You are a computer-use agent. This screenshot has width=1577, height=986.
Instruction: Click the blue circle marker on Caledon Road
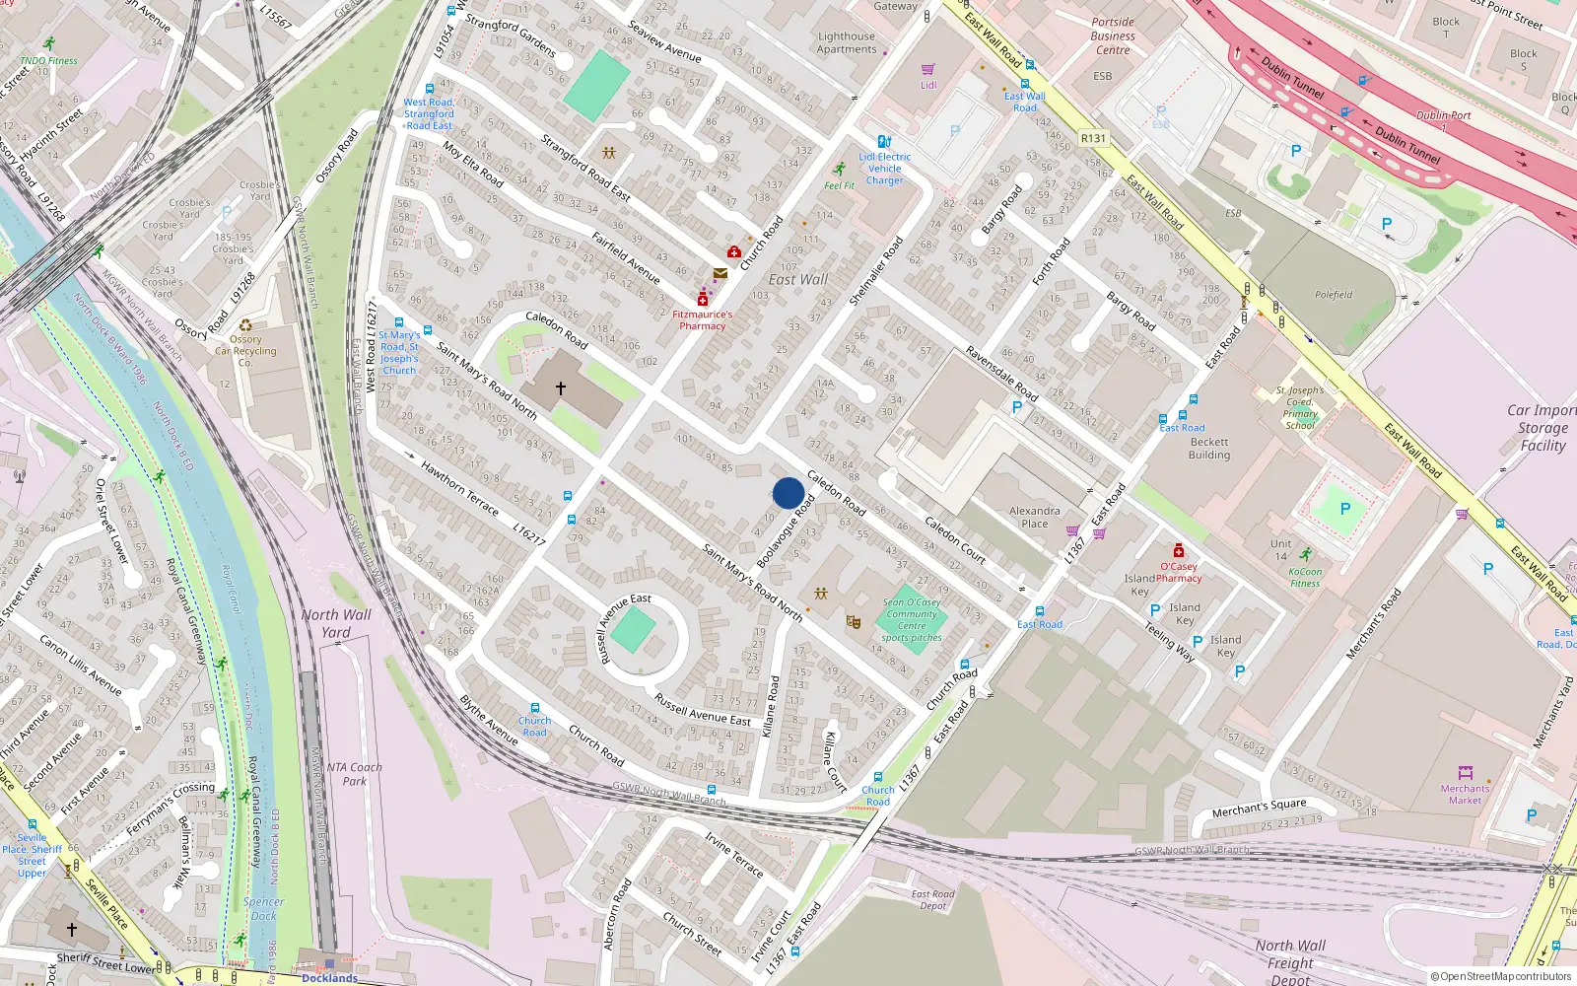pyautogui.click(x=788, y=493)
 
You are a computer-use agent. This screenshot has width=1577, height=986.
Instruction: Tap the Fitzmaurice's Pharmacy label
pyautogui.click(x=702, y=320)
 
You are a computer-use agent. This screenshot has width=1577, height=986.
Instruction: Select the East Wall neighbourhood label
pyautogui.click(x=798, y=280)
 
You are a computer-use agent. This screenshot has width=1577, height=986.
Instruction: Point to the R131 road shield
pyautogui.click(x=1093, y=138)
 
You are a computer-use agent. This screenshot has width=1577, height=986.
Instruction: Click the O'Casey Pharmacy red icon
pyautogui.click(x=1178, y=550)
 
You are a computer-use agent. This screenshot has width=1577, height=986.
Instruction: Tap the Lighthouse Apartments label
pyautogui.click(x=847, y=42)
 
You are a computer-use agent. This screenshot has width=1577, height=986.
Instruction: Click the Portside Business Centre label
pyautogui.click(x=1113, y=35)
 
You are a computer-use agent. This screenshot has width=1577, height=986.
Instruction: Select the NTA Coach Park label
pyautogui.click(x=354, y=774)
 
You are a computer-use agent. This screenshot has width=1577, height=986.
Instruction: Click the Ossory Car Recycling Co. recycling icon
pyautogui.click(x=245, y=325)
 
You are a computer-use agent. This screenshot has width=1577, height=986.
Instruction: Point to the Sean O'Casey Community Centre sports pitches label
pyautogui.click(x=912, y=619)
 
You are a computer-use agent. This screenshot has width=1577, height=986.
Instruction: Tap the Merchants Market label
pyautogui.click(x=1465, y=795)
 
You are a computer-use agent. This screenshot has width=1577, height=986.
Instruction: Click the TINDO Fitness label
pyautogui.click(x=48, y=60)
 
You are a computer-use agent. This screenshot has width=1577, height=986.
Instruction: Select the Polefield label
pyautogui.click(x=1333, y=295)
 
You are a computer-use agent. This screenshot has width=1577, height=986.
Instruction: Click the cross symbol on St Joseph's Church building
pyautogui.click(x=560, y=388)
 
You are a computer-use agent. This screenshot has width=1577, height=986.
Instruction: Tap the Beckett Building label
pyautogui.click(x=1209, y=449)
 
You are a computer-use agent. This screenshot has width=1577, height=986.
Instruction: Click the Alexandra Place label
pyautogui.click(x=1034, y=517)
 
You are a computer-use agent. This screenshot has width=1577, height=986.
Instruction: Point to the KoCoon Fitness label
pyautogui.click(x=1305, y=577)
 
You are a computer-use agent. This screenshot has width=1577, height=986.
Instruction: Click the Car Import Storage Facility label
pyautogui.click(x=1543, y=428)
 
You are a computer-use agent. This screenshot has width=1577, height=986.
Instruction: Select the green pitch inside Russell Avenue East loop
pyautogui.click(x=633, y=630)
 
